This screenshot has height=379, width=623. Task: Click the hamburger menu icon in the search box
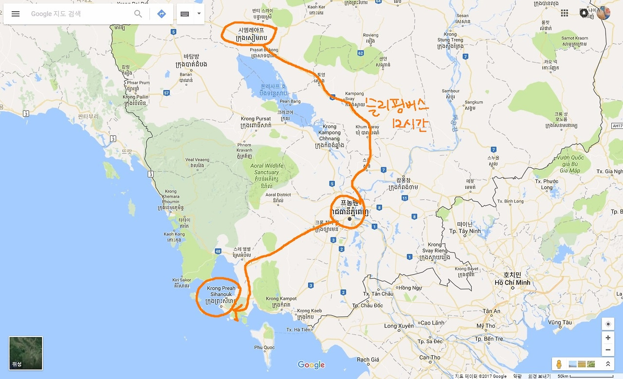point(16,14)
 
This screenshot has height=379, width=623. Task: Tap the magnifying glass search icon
point(138,14)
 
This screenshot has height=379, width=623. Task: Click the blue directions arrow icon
point(162,14)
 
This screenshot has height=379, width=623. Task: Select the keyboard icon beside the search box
point(185,14)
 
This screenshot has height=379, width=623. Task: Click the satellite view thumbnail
point(26,353)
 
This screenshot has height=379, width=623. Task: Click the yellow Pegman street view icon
point(559,364)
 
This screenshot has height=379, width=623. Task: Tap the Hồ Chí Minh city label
point(513,283)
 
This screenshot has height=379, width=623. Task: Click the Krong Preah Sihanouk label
point(221,291)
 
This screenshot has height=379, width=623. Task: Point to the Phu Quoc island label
point(264,347)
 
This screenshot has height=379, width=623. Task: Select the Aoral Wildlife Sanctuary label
point(267,169)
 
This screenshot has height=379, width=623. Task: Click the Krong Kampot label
point(281,299)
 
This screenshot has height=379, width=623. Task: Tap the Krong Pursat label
point(255,119)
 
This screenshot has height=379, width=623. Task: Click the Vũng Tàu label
point(560,322)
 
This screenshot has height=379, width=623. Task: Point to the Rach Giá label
point(368,360)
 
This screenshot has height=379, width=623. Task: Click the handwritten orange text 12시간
point(409,125)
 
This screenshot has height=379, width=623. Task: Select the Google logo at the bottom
point(311,365)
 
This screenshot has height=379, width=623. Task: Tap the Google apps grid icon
point(565,13)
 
